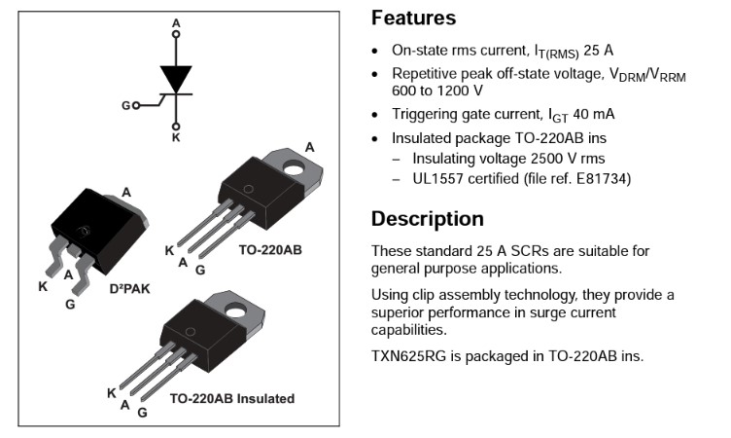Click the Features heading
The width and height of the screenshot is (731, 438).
pos(413,18)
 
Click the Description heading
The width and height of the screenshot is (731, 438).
pos(427,218)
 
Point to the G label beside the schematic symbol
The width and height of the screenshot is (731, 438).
pos(126,104)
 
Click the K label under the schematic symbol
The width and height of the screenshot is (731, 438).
pos(176,138)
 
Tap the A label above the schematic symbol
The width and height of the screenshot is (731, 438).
pos(176,21)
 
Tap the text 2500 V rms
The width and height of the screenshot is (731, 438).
pos(551,158)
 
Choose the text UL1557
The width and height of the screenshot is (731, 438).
pos(437,178)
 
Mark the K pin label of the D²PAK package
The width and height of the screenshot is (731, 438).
pos(42,286)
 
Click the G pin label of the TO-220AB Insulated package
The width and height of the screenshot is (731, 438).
pos(142,413)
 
